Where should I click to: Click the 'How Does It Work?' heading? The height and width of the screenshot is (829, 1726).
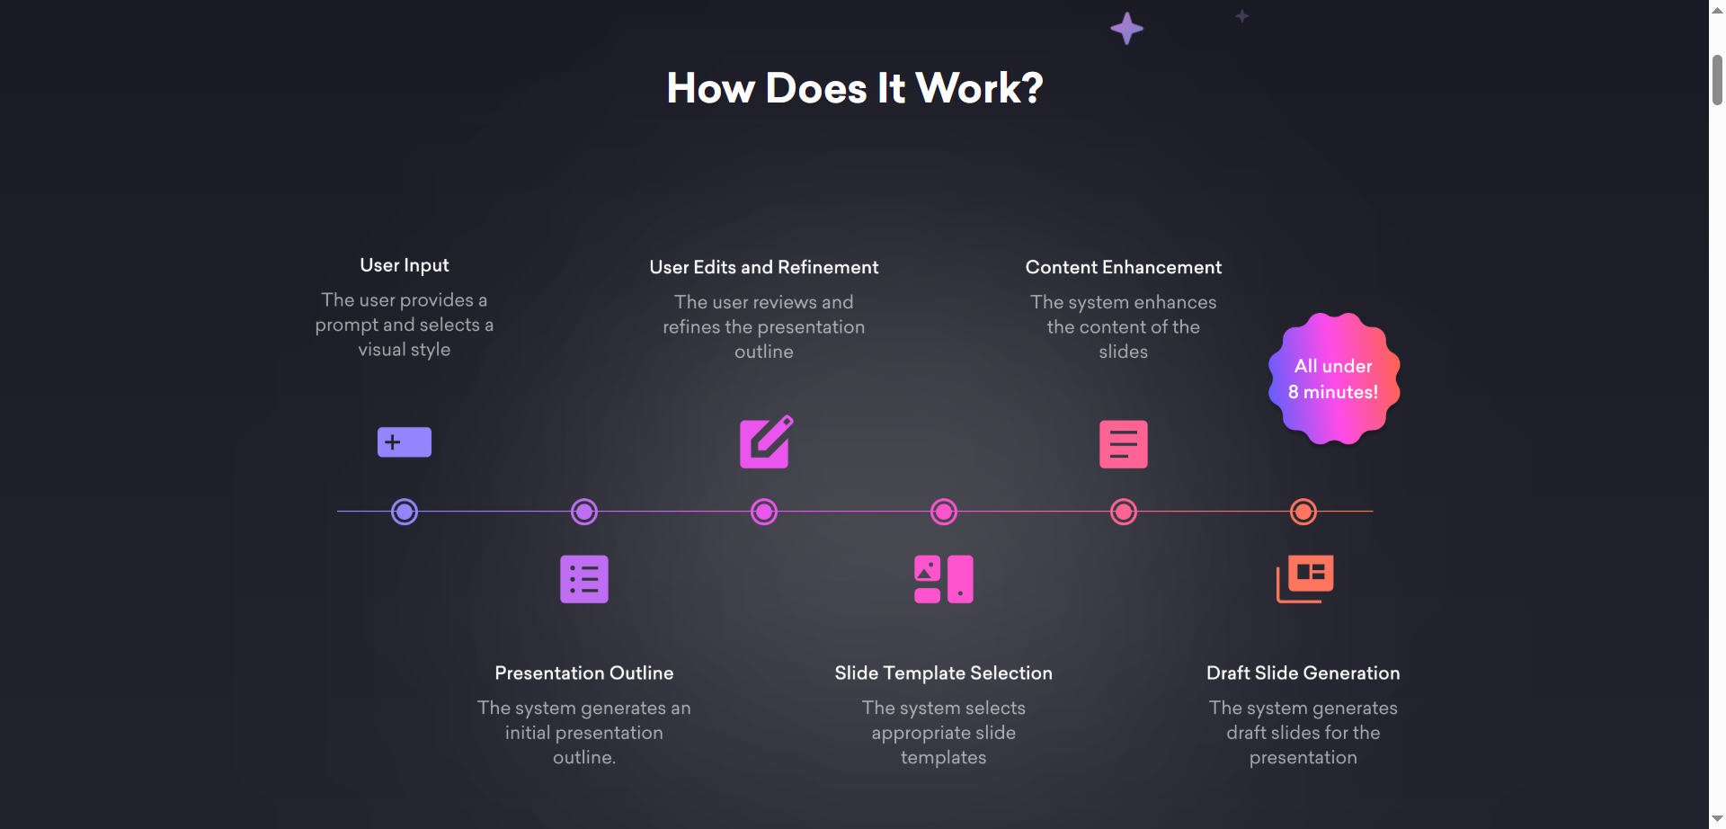854,88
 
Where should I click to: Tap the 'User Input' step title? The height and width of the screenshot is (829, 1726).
405,265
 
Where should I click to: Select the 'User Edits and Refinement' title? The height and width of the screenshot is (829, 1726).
764,267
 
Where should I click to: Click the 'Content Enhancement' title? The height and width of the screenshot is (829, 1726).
1123,267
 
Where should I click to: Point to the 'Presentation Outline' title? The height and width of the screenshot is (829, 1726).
584,673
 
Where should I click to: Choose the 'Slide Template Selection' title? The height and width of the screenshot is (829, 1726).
943,673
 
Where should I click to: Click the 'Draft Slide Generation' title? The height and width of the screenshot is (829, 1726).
1303,673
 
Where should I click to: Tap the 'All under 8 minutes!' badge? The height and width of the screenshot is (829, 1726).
1334,379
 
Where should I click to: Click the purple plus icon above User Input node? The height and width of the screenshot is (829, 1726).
405,442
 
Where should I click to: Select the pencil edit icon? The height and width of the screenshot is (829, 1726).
765,441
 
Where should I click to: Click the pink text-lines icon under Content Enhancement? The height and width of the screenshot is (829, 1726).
1123,444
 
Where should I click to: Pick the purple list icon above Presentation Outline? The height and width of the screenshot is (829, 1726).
584,579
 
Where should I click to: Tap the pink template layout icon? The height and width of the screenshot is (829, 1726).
943,579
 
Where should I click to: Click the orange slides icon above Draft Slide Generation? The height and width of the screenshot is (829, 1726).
1304,578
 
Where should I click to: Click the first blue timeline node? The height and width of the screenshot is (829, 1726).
405,512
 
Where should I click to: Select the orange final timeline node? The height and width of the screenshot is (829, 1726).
1303,512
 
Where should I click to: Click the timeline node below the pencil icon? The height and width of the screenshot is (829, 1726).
764,512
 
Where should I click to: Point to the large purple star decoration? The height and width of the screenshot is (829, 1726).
1126,29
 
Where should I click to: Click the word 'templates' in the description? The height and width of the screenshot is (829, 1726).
943,757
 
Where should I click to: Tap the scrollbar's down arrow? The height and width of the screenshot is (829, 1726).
1717,819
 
